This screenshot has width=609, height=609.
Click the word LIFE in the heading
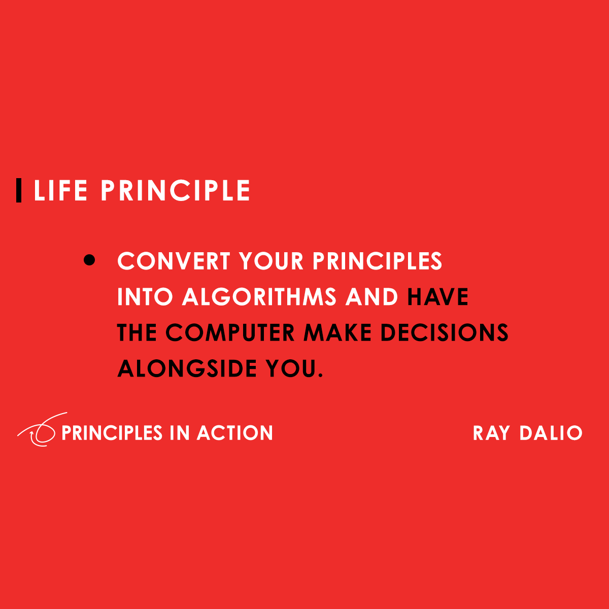click(x=60, y=191)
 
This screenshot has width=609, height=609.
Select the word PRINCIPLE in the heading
click(x=176, y=191)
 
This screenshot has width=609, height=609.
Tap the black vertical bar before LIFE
click(x=19, y=191)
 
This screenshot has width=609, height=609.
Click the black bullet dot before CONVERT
click(x=89, y=260)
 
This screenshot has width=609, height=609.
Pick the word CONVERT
click(x=174, y=261)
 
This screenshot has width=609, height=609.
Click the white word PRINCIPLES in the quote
click(x=377, y=261)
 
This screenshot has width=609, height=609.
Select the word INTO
click(x=145, y=297)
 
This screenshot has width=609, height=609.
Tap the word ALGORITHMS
click(x=259, y=297)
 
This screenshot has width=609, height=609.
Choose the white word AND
click(x=371, y=297)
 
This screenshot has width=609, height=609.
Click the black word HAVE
click(x=437, y=297)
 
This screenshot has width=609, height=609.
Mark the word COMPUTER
click(x=230, y=333)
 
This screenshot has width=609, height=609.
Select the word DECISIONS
click(x=445, y=333)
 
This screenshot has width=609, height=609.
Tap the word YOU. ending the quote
click(x=294, y=368)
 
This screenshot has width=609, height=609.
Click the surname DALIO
click(x=551, y=433)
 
